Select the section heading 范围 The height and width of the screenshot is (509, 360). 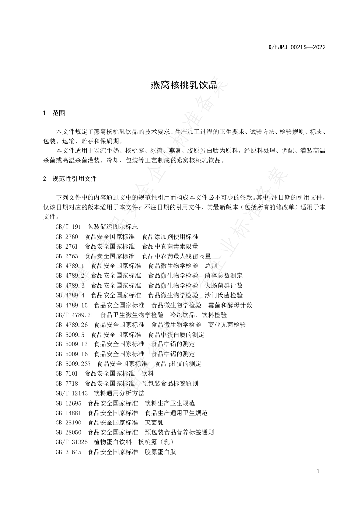59,113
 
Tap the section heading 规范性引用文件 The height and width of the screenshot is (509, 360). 75,178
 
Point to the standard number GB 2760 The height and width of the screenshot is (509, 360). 67,236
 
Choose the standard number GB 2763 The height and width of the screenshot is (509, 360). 67,256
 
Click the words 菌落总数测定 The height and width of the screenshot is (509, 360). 223,275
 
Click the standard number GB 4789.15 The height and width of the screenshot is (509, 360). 72,305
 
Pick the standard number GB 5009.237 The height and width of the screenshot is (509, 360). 73,364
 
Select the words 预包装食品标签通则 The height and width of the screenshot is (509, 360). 170,383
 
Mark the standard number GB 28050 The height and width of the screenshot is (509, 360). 68,432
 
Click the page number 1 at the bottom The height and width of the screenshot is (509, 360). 317,472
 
